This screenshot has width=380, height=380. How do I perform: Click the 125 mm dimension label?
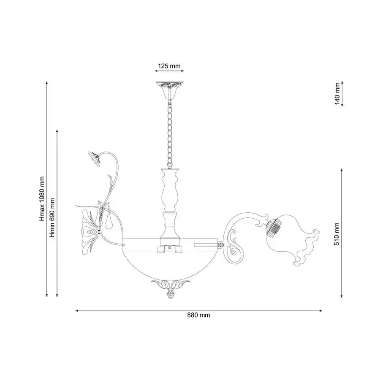coord(169,66)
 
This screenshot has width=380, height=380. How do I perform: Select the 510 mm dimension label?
coord(337,234)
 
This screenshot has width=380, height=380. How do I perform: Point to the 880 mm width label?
coord(198,315)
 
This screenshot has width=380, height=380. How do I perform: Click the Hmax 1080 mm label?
coord(42,199)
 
